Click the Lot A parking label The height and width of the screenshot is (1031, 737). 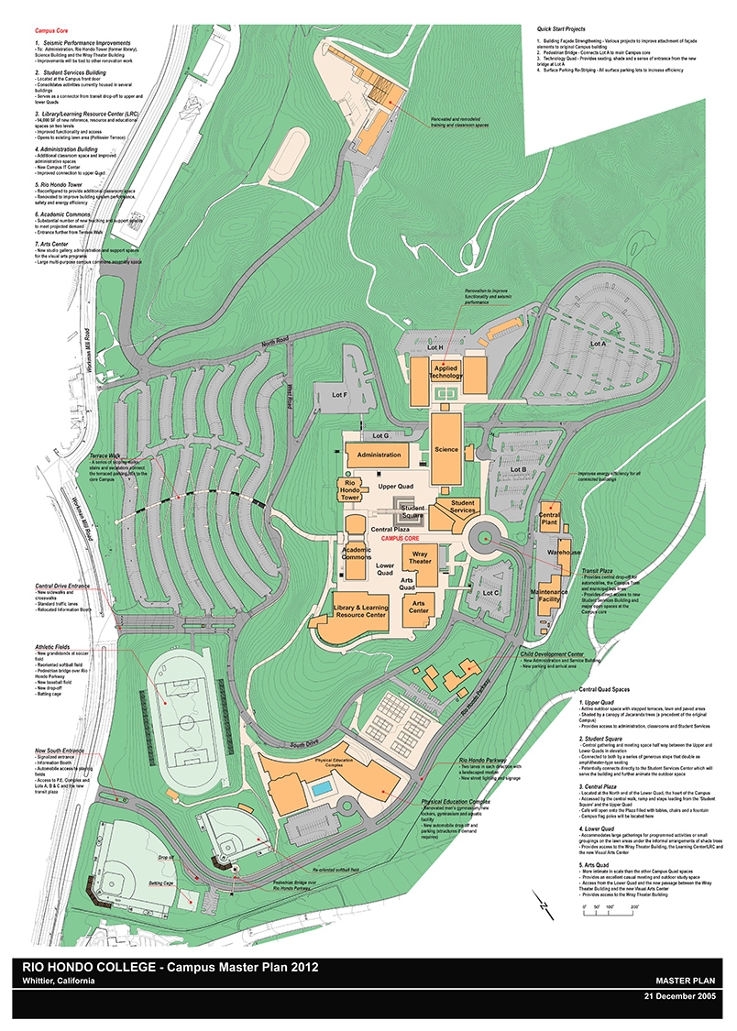click(599, 343)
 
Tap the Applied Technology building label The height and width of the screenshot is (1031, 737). click(447, 370)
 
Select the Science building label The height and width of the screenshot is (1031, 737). click(446, 450)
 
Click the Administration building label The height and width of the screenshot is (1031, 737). click(379, 455)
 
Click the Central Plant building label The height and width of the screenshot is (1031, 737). click(549, 520)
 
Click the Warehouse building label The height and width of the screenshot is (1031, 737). click(565, 554)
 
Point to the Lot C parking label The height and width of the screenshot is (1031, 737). click(492, 593)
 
